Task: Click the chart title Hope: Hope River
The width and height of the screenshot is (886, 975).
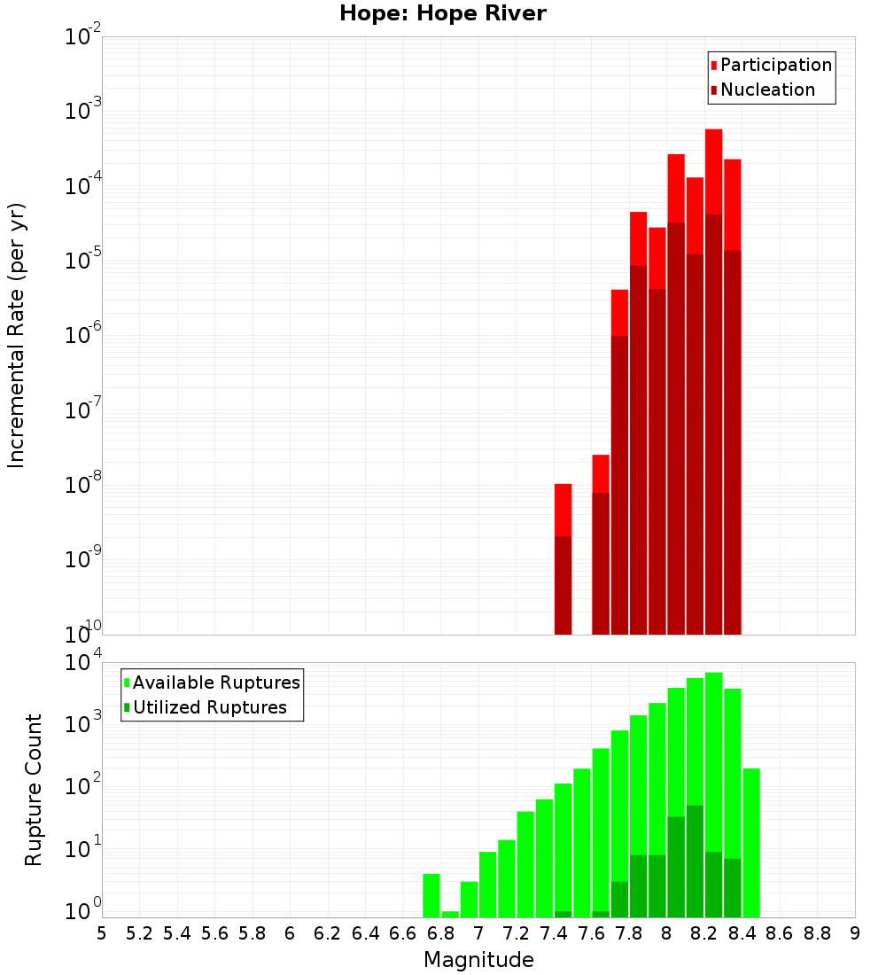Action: pos(443,13)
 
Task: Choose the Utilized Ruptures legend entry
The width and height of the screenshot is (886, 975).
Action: pos(209,707)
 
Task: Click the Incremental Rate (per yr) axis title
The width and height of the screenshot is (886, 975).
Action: pos(16,336)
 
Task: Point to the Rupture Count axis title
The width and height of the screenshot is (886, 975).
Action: pos(34,790)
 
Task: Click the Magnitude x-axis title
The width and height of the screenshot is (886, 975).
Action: pos(478,960)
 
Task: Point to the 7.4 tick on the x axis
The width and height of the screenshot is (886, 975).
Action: pos(554,933)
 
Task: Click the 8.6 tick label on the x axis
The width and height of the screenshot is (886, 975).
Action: pos(780,933)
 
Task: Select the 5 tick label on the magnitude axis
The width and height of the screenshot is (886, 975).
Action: pos(102,933)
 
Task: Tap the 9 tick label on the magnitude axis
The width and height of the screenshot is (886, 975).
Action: pos(855,933)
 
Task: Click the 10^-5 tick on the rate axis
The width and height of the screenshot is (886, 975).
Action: pos(82,261)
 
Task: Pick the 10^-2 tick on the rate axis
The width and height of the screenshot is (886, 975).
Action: pos(82,37)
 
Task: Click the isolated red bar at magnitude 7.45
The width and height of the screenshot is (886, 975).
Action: pos(563,558)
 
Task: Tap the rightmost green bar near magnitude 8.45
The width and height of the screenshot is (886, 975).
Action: pos(751,842)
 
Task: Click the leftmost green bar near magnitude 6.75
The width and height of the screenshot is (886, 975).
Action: pos(431,895)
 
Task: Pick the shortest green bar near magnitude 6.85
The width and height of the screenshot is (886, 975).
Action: pos(450,914)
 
